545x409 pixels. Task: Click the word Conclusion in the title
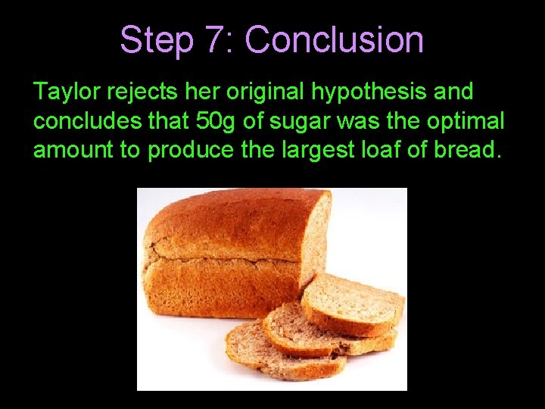click(334, 39)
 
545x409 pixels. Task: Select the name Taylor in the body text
click(67, 92)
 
